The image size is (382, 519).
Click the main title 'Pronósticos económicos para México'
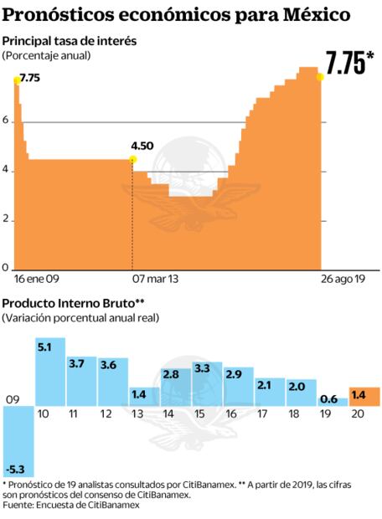[176, 16]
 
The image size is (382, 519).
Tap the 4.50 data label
[142, 146]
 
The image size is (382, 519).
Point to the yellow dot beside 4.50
[132, 159]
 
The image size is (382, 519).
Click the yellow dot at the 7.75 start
[15, 79]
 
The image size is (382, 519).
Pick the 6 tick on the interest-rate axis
[6, 122]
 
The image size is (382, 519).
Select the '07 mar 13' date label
[156, 277]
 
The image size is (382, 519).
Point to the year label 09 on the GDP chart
[12, 398]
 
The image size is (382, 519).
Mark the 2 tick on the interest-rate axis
[6, 219]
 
